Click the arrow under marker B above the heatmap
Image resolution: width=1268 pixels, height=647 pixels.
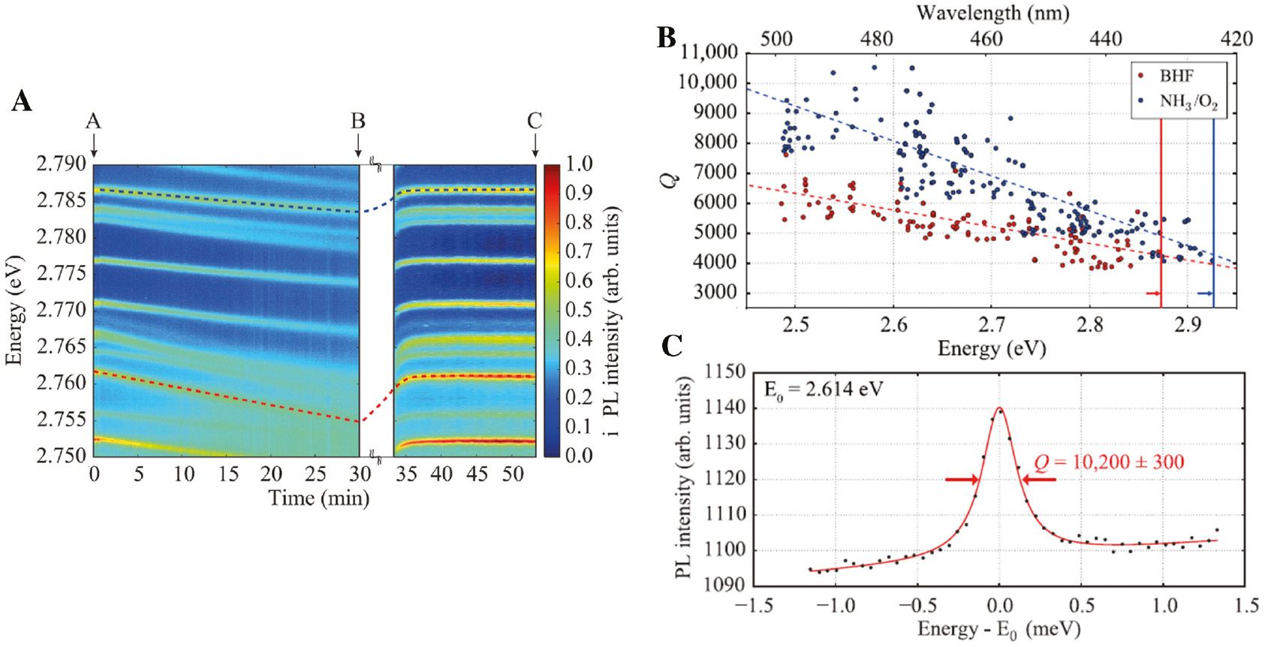(358, 145)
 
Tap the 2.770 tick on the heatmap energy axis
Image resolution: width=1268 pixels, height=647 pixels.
(62, 309)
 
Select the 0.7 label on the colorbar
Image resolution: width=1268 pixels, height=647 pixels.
(579, 251)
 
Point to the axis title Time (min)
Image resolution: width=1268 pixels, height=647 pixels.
(319, 498)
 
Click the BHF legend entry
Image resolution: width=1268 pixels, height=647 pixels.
(1176, 76)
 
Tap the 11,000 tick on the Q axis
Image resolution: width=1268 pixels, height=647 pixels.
(709, 53)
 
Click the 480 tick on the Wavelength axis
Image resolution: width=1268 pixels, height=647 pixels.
(876, 39)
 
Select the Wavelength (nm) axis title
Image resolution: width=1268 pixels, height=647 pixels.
(992, 13)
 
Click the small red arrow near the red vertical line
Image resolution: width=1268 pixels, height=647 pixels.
(1153, 293)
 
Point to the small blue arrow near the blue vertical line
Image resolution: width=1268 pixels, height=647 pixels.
(1204, 293)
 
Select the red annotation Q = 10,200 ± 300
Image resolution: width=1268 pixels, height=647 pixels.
(1109, 462)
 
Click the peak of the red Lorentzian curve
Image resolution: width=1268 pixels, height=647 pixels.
(999, 408)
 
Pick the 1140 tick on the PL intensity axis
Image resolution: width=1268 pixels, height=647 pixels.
(725, 408)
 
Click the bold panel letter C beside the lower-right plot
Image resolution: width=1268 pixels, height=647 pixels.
(672, 346)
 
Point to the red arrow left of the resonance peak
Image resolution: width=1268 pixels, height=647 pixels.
(962, 480)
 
